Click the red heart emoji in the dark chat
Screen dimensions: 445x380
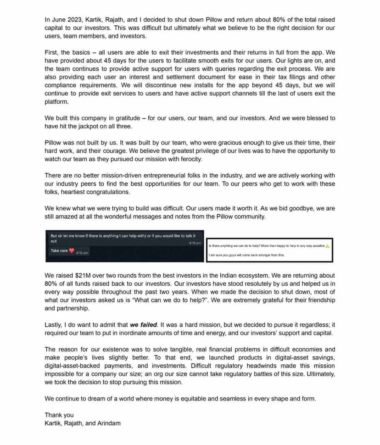tap(71, 251)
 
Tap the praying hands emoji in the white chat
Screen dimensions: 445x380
tap(327, 246)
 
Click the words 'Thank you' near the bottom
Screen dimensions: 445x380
tap(59, 415)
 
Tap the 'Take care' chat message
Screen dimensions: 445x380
tap(59, 251)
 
